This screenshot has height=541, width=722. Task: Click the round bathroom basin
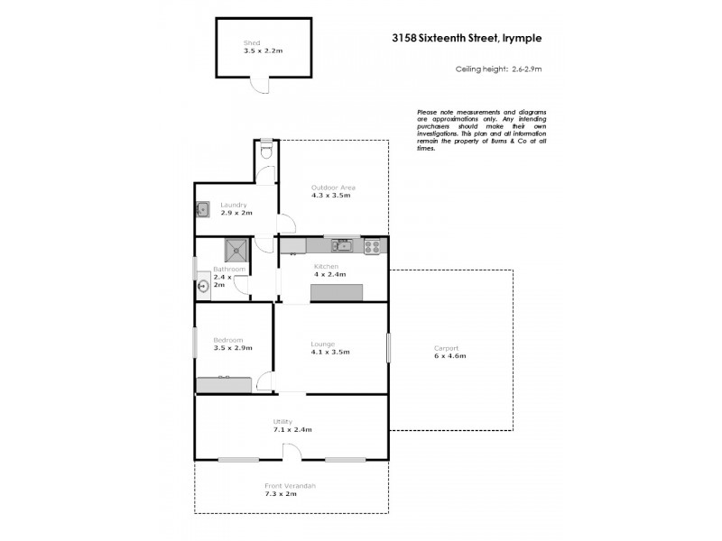click(204, 288)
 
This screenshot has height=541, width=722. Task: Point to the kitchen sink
click(340, 244)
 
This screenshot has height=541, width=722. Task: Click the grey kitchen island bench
click(337, 292)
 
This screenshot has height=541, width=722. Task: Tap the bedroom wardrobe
click(225, 385)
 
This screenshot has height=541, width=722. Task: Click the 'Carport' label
click(446, 348)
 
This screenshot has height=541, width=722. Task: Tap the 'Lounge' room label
click(322, 344)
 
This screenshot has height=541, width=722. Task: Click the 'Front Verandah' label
click(291, 486)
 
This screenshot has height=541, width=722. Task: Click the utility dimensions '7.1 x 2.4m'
click(292, 430)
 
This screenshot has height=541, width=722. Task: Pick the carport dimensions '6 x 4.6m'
click(449, 356)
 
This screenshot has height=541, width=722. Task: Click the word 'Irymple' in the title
click(519, 39)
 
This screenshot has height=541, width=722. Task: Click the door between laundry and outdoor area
click(285, 225)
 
